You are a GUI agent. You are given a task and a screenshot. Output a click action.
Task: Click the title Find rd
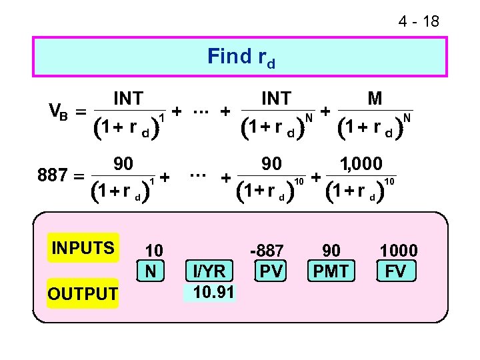(x=241, y=57)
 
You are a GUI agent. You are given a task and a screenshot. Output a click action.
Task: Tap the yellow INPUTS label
(x=83, y=249)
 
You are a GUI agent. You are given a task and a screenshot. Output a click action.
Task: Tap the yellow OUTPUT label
(x=82, y=293)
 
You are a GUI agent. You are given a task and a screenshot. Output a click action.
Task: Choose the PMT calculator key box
(x=331, y=271)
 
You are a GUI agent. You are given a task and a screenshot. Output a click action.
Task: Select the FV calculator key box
(x=398, y=271)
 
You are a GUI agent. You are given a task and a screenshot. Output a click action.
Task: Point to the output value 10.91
(x=210, y=292)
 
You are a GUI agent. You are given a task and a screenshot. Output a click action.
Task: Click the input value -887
(x=267, y=251)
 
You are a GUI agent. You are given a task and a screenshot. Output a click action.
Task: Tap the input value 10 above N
(x=154, y=251)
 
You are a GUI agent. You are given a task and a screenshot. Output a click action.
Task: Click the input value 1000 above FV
(x=399, y=251)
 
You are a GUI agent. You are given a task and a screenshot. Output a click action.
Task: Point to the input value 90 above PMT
(x=331, y=251)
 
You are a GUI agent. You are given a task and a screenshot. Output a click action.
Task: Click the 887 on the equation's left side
(x=53, y=176)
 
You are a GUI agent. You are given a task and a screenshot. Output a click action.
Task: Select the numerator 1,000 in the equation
(x=361, y=163)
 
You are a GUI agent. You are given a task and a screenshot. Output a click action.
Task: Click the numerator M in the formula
(x=375, y=99)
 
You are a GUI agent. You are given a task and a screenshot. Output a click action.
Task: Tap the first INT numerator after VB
(x=128, y=99)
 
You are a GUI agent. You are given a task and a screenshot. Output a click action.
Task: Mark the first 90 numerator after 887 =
(x=123, y=163)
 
